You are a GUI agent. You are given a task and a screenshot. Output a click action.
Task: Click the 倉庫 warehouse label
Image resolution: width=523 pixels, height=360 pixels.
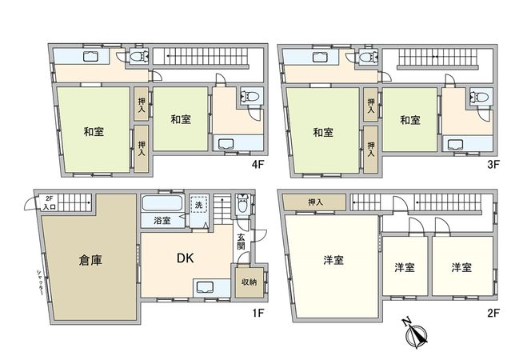pos(89,260)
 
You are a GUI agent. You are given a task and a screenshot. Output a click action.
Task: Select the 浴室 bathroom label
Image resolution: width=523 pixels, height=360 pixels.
pos(162,220)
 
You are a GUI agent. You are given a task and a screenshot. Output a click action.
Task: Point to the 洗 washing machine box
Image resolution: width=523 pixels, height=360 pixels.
pos(199,205)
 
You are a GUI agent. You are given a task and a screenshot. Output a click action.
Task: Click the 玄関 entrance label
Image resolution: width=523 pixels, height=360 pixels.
pos(242,241)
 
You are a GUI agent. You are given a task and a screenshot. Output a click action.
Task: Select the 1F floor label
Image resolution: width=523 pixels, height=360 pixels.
pos(258,312)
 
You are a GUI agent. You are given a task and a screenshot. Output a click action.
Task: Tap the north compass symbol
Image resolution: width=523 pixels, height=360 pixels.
pos(416,334)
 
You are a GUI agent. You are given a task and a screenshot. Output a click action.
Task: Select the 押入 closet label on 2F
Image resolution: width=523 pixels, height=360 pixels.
pos(315,202)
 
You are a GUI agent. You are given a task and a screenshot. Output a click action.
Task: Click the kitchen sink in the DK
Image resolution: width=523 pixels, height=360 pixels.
pos(203,288)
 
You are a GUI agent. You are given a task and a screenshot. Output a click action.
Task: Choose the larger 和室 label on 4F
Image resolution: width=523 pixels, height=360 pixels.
pos(94,131)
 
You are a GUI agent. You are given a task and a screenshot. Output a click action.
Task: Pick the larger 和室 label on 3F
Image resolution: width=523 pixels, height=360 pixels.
pos(323,131)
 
